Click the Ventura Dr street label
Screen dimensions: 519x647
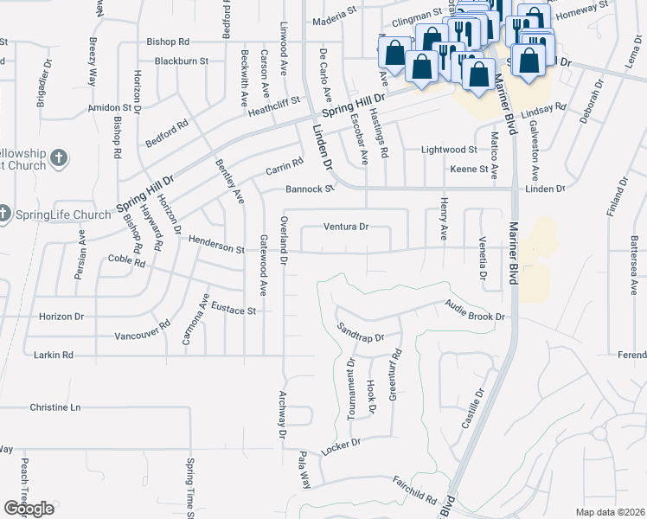click(346, 227)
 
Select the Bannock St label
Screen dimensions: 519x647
click(310, 189)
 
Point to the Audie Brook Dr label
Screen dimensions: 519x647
click(475, 311)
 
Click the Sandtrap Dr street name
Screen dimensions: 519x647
click(359, 331)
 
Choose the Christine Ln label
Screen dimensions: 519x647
click(54, 407)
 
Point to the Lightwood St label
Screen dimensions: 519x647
click(449, 150)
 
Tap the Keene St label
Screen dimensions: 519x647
click(470, 169)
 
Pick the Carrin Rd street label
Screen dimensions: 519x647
click(284, 163)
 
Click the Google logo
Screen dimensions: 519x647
click(29, 508)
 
